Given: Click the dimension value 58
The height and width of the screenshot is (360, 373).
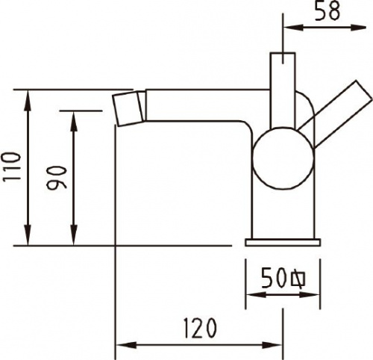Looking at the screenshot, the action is point(327,10).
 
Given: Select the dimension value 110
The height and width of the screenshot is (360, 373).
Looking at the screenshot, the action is point(11,167).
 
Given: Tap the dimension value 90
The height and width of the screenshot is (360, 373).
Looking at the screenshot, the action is point(57,178).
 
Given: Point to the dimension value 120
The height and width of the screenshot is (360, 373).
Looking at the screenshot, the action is point(200,329).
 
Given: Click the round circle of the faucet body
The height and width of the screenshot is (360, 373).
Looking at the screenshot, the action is point(283,158).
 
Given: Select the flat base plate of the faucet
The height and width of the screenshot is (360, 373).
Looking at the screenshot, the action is point(283,242).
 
